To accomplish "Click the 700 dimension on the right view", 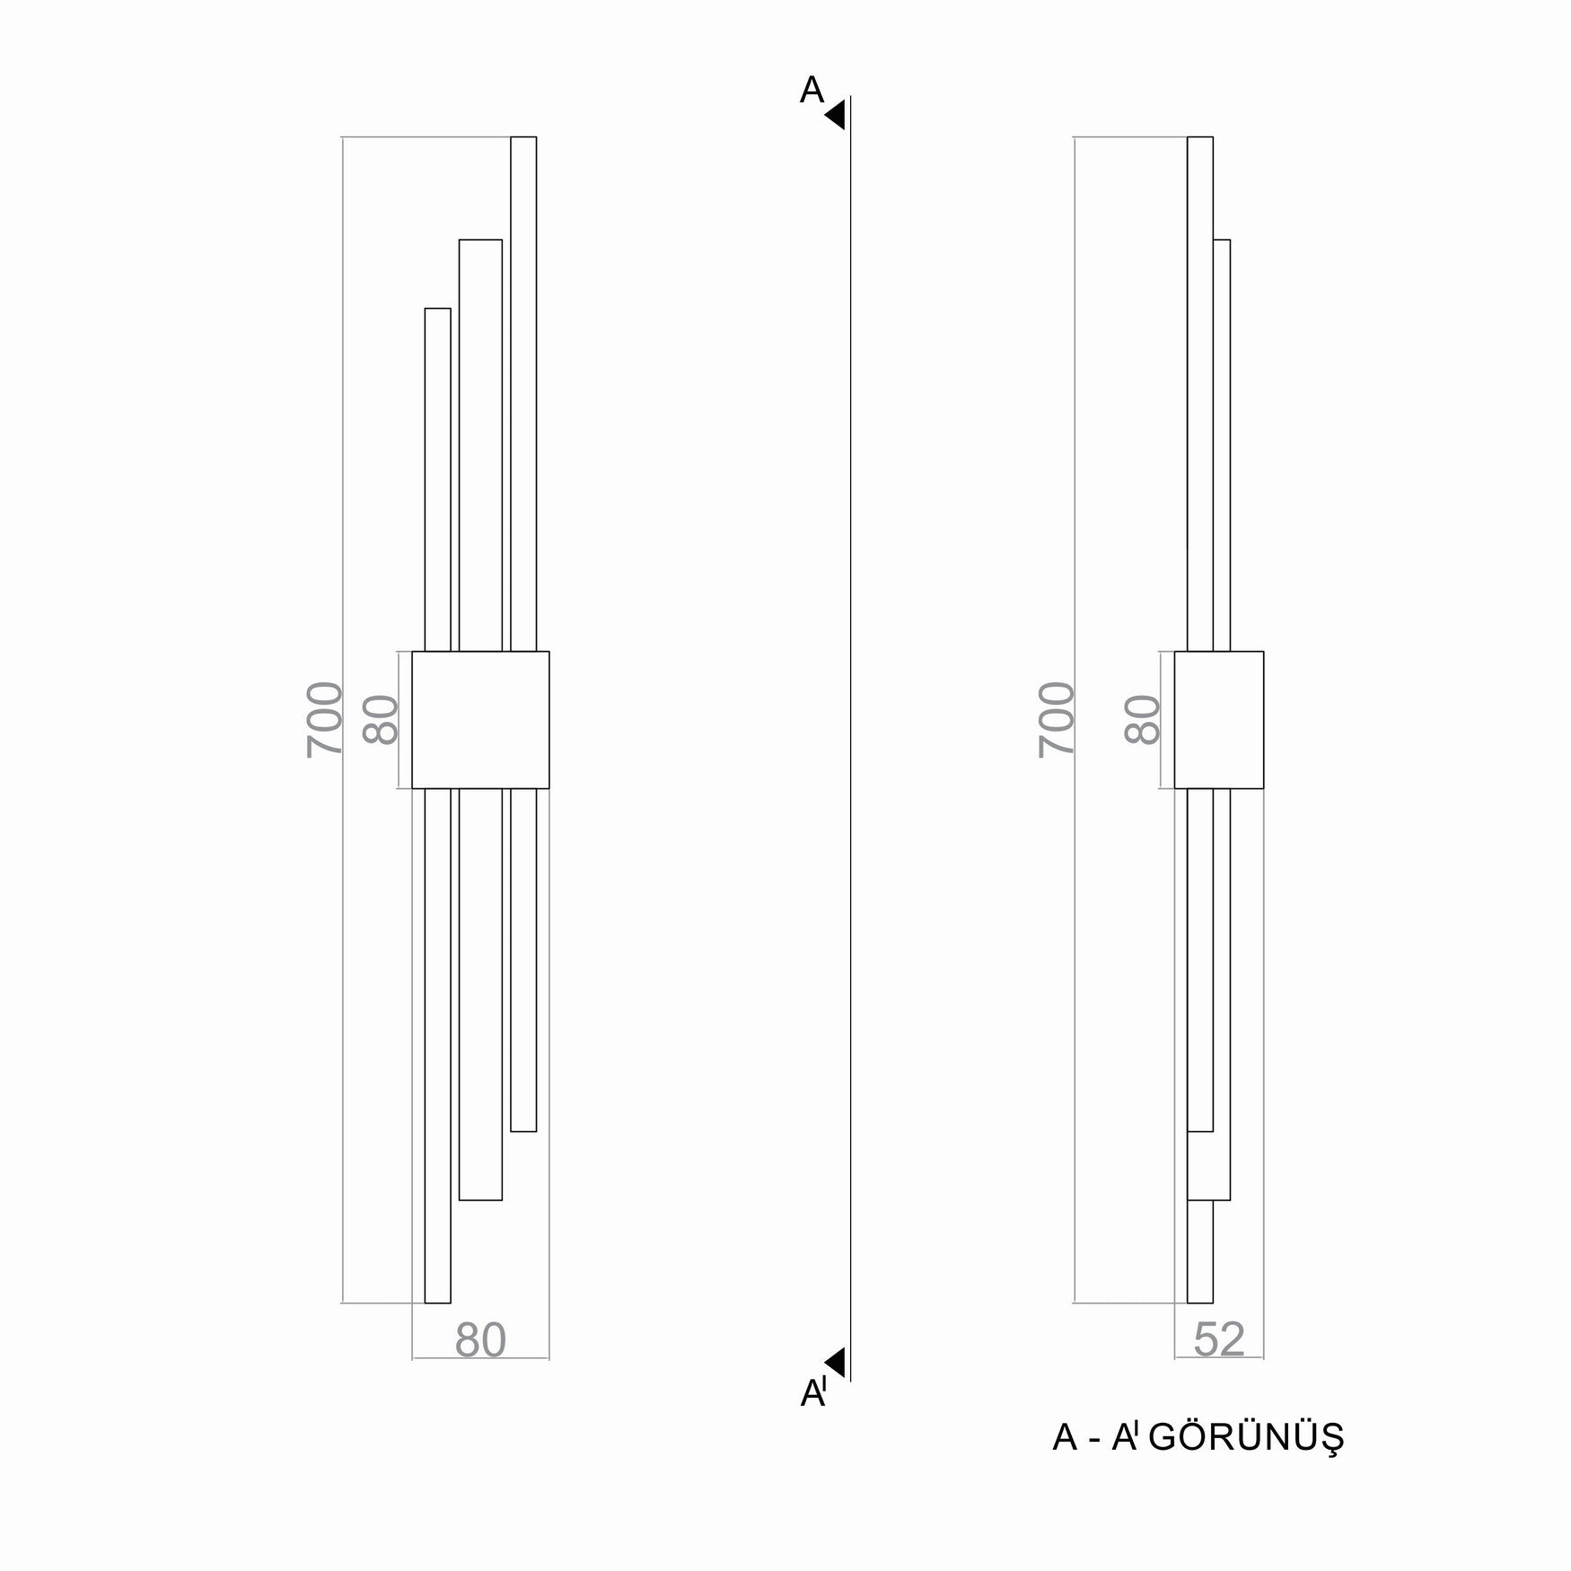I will click(1057, 719).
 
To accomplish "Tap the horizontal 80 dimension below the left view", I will click(480, 1340).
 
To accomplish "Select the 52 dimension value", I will click(1219, 1340).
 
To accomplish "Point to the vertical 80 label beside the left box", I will click(381, 719).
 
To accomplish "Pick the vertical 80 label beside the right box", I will click(1143, 719).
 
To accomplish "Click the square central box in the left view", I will click(480, 719).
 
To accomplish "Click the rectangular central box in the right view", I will click(1218, 719).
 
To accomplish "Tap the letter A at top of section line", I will click(812, 90).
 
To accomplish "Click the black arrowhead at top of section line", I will click(837, 115).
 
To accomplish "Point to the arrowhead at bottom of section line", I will click(837, 1361).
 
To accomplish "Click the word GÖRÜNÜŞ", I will click(1247, 1462).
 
